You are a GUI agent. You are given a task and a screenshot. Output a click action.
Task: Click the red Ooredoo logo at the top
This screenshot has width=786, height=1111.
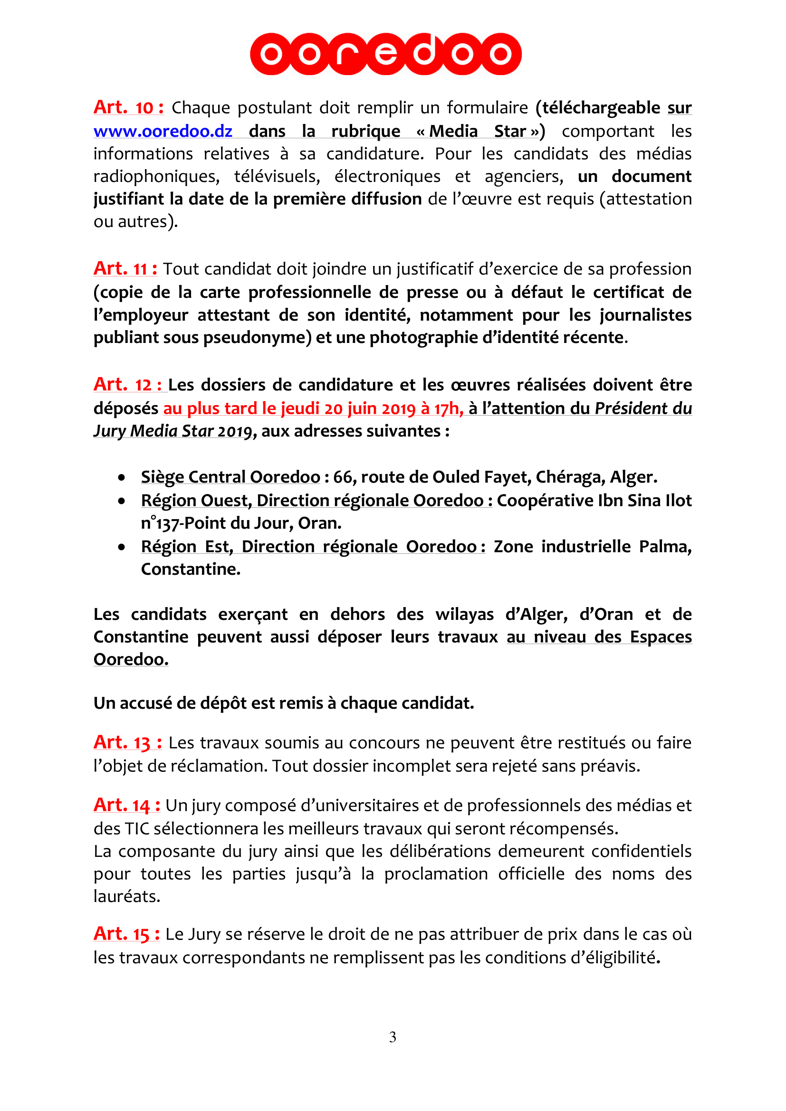(385, 54)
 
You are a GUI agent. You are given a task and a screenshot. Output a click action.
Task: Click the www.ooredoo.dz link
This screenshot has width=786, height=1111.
(163, 131)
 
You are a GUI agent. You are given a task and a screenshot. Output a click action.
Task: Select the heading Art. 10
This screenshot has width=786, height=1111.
(128, 107)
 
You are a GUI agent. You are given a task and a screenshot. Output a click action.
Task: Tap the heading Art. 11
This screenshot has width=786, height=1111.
(125, 268)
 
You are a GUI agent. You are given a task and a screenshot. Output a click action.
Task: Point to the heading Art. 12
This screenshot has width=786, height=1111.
(128, 385)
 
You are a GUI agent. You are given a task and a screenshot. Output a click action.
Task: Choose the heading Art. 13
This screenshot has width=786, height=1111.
(127, 742)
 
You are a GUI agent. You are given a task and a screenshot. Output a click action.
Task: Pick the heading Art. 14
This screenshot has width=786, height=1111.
(126, 805)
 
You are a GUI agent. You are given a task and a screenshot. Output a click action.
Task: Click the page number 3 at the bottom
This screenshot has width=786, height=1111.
(393, 1037)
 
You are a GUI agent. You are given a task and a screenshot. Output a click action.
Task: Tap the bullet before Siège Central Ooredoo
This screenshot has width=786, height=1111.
(122, 477)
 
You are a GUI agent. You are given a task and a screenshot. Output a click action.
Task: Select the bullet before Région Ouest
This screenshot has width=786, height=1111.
(122, 501)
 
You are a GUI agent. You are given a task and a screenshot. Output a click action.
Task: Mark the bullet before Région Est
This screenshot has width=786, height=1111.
(122, 547)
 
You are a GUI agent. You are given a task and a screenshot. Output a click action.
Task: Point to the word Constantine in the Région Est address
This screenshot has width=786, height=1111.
(190, 569)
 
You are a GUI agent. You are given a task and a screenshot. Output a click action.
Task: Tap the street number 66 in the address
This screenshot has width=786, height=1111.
(343, 477)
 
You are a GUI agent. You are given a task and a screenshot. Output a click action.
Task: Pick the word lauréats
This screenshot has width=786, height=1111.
(127, 896)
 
